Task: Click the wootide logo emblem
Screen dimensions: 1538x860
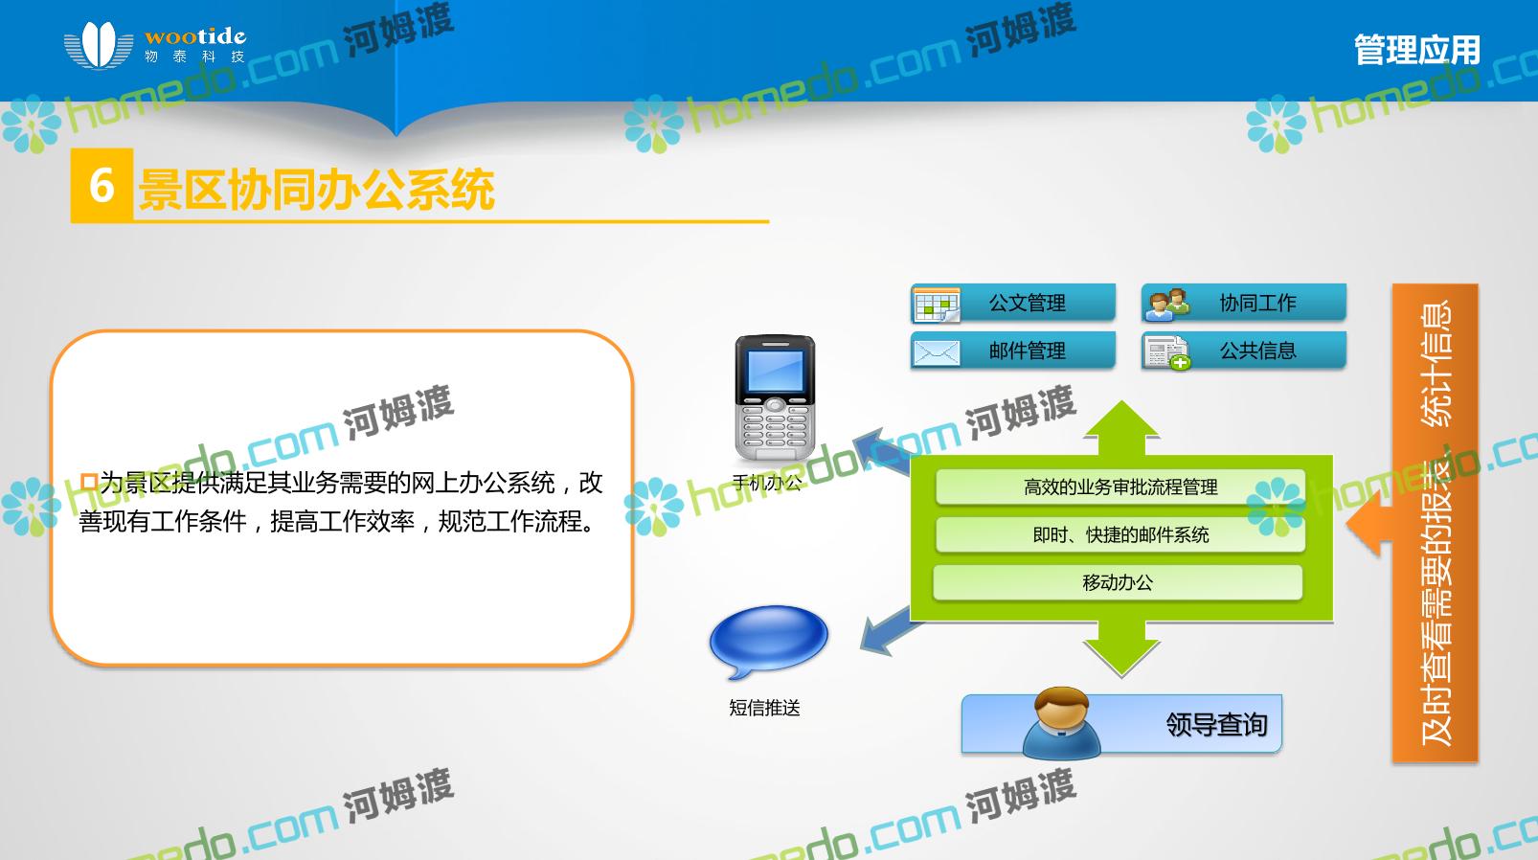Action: tap(99, 45)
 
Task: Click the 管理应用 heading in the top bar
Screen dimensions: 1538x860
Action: tap(1416, 50)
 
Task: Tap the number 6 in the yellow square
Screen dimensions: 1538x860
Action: tap(102, 185)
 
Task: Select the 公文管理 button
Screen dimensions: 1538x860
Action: tap(1013, 303)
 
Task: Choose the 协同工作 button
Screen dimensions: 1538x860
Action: tap(1243, 303)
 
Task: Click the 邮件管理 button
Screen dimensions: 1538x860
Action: tap(1013, 351)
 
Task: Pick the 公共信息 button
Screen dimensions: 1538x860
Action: tap(1243, 351)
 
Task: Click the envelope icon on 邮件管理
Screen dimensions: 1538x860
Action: tap(936, 352)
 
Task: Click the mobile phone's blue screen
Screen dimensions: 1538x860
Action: tap(775, 372)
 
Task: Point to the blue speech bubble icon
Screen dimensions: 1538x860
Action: tap(768, 641)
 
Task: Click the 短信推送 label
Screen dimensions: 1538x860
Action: tap(764, 707)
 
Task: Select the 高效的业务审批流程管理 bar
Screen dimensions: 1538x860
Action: tap(1120, 487)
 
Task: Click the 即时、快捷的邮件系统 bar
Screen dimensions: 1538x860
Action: tap(1120, 534)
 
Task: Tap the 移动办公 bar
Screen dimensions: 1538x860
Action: tap(1118, 582)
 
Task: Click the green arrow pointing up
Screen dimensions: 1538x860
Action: tap(1121, 427)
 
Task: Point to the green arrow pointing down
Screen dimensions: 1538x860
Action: tap(1121, 648)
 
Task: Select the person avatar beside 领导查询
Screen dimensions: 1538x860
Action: tap(1061, 723)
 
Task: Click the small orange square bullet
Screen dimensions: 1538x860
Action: tap(88, 481)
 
